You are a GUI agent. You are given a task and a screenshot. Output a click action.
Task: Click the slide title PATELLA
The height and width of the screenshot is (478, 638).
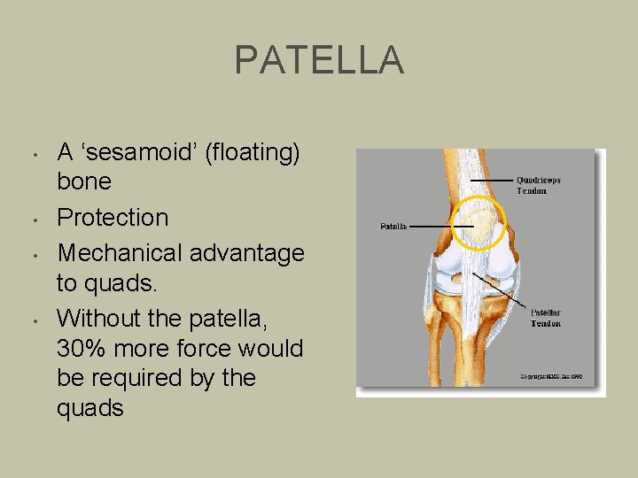319,60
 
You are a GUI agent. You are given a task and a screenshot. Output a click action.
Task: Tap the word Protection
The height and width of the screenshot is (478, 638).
113,218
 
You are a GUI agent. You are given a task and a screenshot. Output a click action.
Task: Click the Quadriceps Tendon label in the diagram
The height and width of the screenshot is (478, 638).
539,185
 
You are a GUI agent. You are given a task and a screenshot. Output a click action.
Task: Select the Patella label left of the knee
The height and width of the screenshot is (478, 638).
393,227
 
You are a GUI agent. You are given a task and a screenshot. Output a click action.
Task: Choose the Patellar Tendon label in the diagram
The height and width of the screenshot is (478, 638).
546,318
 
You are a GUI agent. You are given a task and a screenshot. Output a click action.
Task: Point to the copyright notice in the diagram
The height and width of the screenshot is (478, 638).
550,377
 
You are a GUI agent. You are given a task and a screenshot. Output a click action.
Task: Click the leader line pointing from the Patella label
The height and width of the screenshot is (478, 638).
434,227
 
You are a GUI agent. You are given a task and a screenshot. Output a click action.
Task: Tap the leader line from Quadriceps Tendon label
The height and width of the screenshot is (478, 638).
492,181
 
